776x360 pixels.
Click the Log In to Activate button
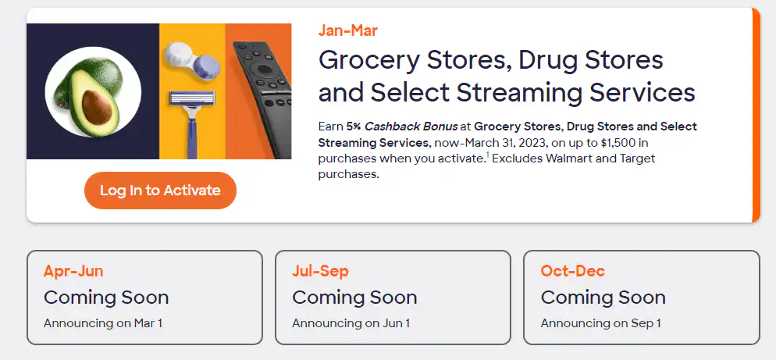coord(160,191)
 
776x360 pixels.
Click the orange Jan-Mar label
coord(348,31)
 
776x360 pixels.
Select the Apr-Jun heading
coord(73,272)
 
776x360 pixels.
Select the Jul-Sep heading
coord(320,272)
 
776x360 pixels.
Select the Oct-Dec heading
coord(572,272)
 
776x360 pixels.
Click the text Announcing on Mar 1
coord(103,323)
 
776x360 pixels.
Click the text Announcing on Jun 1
coord(351,323)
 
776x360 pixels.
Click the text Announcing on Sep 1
coord(600,323)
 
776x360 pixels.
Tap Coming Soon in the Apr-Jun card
coord(106,298)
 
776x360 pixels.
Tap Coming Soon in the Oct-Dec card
coord(603,298)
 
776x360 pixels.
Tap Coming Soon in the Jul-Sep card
coord(354,298)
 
